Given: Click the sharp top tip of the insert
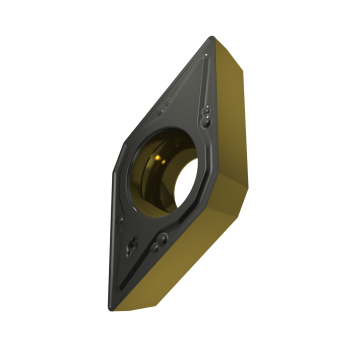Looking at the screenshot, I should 212,37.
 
